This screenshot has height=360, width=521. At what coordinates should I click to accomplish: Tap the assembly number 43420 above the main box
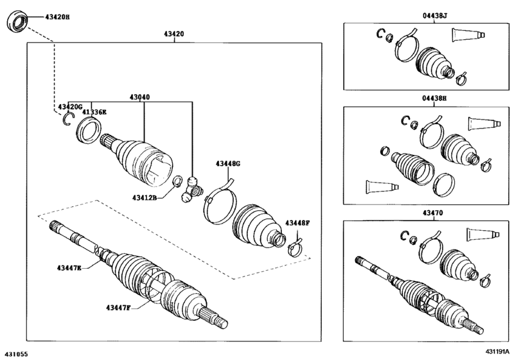tap(175, 34)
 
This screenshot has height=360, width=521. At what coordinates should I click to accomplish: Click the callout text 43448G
tap(227, 164)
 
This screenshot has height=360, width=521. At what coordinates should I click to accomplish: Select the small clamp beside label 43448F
tap(296, 245)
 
